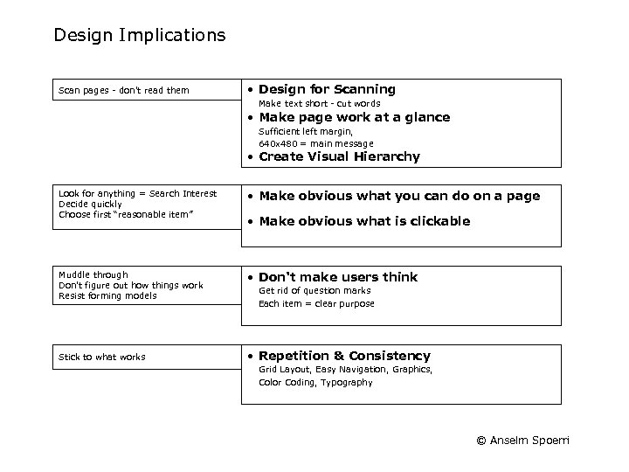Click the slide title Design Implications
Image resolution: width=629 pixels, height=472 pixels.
pos(140,36)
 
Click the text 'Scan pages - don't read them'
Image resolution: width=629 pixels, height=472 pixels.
pos(123,90)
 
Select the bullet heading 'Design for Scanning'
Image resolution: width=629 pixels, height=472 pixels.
pos(327,89)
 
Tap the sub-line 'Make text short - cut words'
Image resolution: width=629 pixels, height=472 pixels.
pos(319,103)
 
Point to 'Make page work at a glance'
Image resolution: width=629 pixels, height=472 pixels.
pos(354,117)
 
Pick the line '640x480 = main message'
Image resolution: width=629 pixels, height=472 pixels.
pos(315,143)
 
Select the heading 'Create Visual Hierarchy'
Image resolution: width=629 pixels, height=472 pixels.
pos(339,157)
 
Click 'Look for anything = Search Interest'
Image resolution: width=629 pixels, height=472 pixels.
pos(137,193)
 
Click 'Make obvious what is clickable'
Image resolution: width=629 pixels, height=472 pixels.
pos(364,221)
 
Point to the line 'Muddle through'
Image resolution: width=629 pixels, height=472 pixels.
pos(93,274)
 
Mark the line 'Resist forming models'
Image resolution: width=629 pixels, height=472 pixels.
pos(107,295)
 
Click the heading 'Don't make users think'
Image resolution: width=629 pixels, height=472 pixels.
pos(338,277)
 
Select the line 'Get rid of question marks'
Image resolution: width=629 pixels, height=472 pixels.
pos(314,290)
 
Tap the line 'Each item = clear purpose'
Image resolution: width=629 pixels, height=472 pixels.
pos(316,303)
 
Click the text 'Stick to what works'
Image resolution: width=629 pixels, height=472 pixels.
pos(102,357)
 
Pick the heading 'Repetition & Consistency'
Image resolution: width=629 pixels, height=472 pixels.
pos(344,356)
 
